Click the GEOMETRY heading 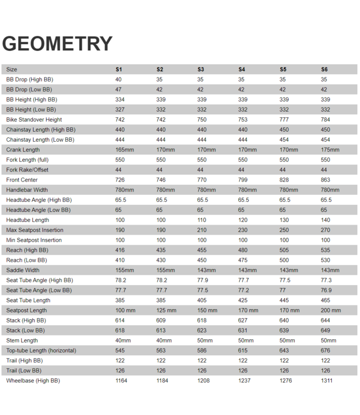pos(58,44)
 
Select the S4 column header pos(241,70)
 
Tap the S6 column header pos(324,70)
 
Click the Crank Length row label pos(23,150)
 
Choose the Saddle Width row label pos(23,270)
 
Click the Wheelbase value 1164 pos(121,381)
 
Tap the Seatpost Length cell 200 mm pos(331,310)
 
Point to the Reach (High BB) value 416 pos(120,250)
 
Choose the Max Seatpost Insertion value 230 pos(243,230)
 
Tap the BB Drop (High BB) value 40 pos(119,80)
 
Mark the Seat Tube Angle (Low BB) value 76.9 pos(327,290)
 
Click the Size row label pos(12,70)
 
